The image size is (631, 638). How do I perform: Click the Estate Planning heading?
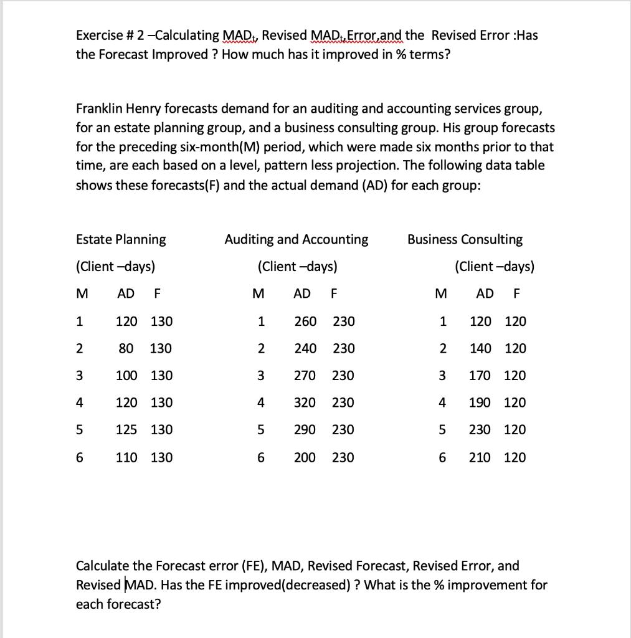(x=121, y=239)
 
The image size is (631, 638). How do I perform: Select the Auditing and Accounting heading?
(x=296, y=239)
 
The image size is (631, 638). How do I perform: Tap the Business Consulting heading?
(x=465, y=239)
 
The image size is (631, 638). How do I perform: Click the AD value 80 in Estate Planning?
(x=126, y=348)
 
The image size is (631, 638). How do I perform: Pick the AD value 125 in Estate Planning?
(x=127, y=429)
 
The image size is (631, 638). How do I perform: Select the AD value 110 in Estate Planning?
(x=127, y=457)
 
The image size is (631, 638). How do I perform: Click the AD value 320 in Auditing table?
(x=305, y=402)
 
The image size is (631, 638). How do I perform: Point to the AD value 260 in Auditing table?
(x=305, y=321)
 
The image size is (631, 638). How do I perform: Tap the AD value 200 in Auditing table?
(x=305, y=457)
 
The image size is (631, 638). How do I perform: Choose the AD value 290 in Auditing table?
(x=305, y=429)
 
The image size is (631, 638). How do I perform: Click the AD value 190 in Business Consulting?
(x=480, y=402)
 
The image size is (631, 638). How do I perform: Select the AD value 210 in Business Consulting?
(x=480, y=457)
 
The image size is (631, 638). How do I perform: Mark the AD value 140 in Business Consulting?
(x=480, y=348)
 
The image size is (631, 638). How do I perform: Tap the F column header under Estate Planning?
(x=156, y=293)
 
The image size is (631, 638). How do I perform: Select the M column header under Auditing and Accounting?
(x=259, y=293)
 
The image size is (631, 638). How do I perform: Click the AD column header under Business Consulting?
(x=485, y=293)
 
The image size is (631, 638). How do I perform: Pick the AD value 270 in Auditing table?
(x=305, y=376)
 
